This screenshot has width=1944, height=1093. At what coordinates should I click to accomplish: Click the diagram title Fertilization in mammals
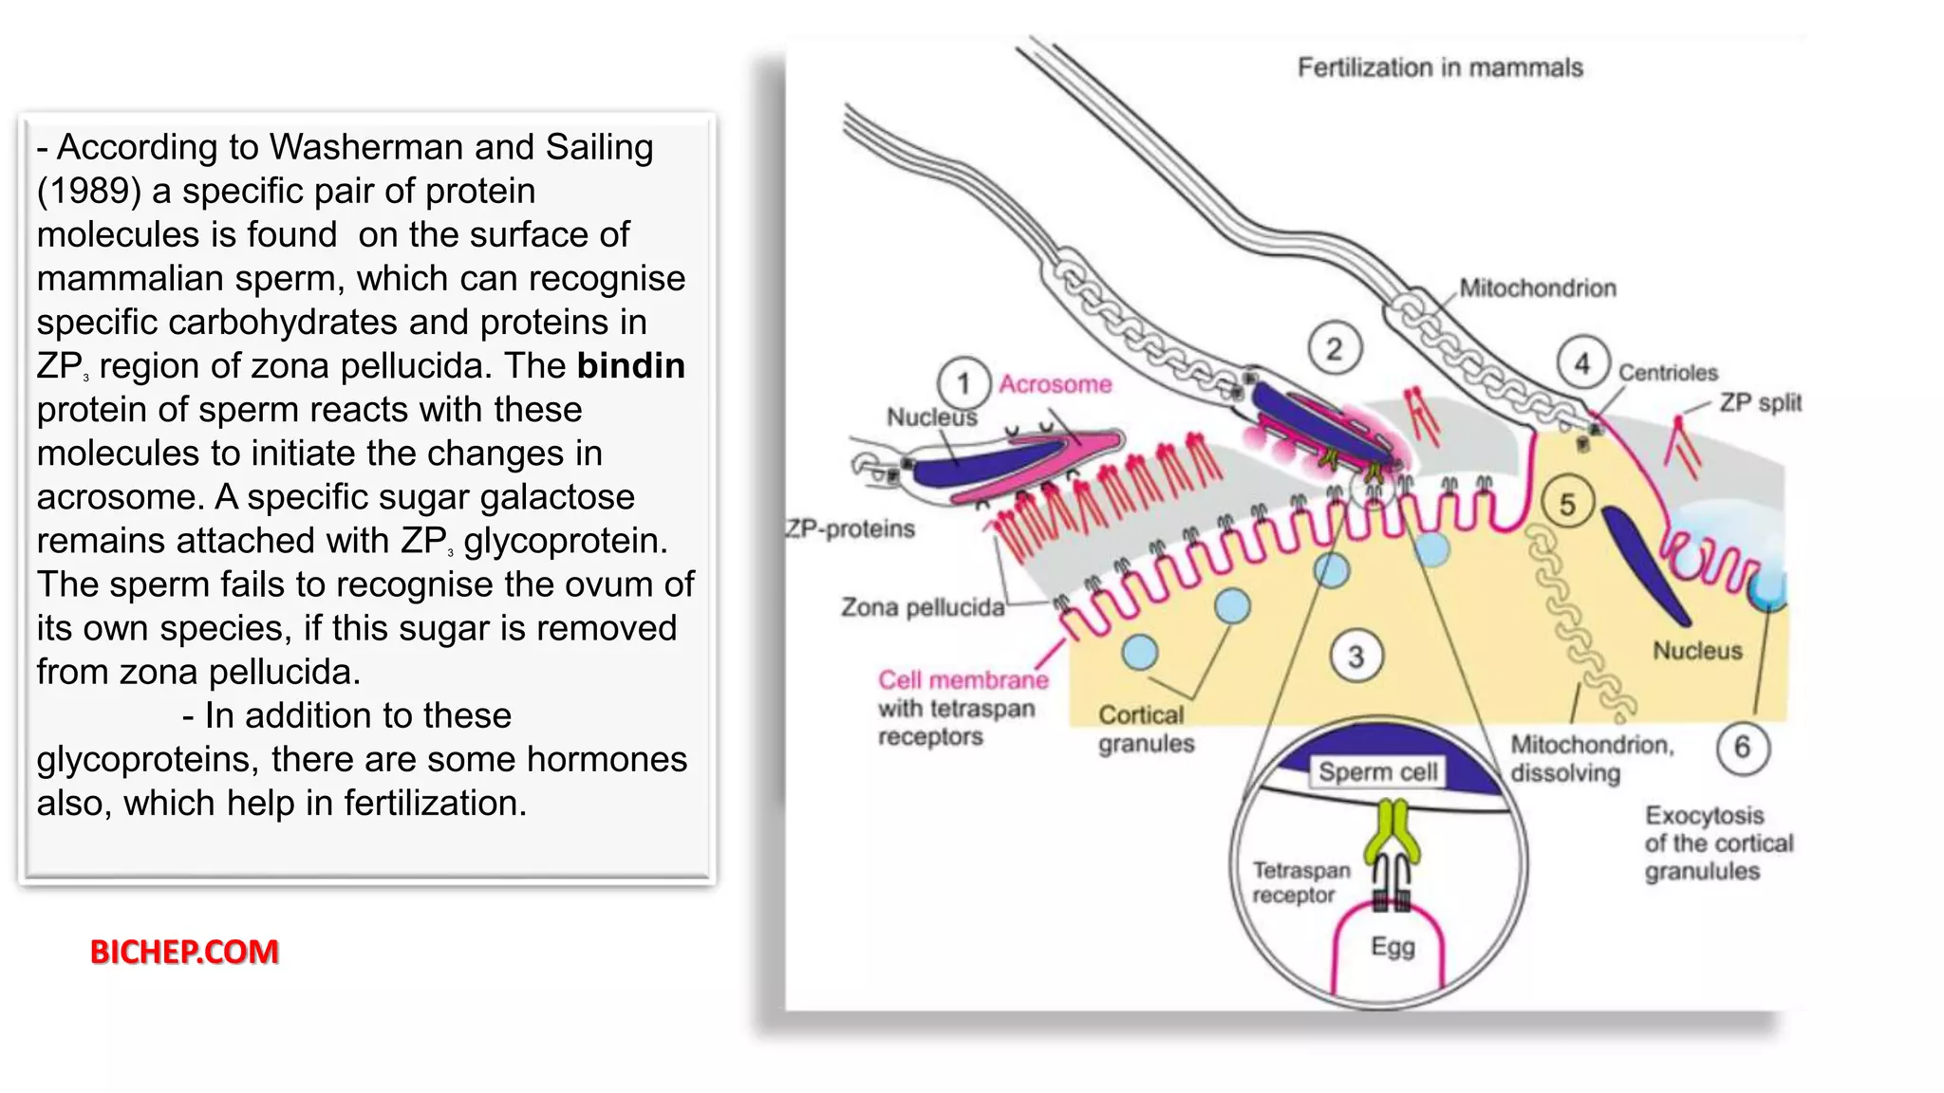(x=1439, y=67)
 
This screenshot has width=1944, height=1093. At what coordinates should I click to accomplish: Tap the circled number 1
(x=963, y=383)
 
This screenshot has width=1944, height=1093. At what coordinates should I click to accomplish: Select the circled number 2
(x=1334, y=349)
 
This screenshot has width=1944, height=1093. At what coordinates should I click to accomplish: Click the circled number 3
(x=1355, y=656)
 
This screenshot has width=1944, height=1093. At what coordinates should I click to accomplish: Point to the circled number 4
(x=1582, y=363)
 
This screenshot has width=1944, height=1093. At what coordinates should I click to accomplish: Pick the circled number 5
(x=1567, y=505)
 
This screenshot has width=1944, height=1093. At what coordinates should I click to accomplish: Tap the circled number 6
(x=1743, y=748)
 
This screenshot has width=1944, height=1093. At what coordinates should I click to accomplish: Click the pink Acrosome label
(x=1055, y=384)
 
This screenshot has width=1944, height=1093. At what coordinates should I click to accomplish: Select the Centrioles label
(x=1668, y=373)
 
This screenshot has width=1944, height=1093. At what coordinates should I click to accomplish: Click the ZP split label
(x=1760, y=403)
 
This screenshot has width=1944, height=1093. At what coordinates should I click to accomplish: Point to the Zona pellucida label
(x=922, y=607)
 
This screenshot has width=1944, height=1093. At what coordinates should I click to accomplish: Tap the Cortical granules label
(x=1145, y=729)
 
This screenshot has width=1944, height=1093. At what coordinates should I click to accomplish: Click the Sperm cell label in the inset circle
(x=1378, y=771)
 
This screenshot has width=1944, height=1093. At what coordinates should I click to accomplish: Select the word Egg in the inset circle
(x=1393, y=947)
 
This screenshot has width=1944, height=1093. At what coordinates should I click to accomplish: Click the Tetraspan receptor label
(x=1299, y=882)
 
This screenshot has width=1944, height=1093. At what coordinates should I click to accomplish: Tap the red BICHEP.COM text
(x=184, y=952)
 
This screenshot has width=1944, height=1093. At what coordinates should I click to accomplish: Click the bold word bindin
(x=630, y=366)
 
